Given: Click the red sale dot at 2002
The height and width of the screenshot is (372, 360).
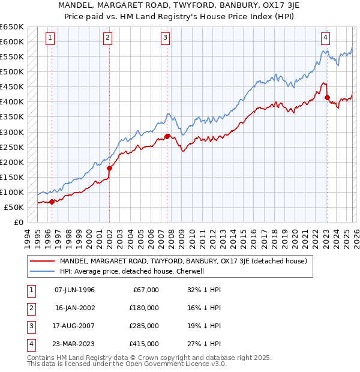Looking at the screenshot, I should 109,168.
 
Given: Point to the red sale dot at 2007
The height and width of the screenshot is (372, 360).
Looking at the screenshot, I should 167,136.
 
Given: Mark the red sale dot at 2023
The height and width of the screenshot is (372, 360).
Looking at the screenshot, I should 327,97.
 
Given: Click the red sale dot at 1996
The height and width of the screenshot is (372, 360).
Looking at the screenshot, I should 52,202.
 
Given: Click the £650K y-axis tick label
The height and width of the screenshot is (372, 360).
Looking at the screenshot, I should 12,27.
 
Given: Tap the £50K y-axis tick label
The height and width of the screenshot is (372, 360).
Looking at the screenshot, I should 14,207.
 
